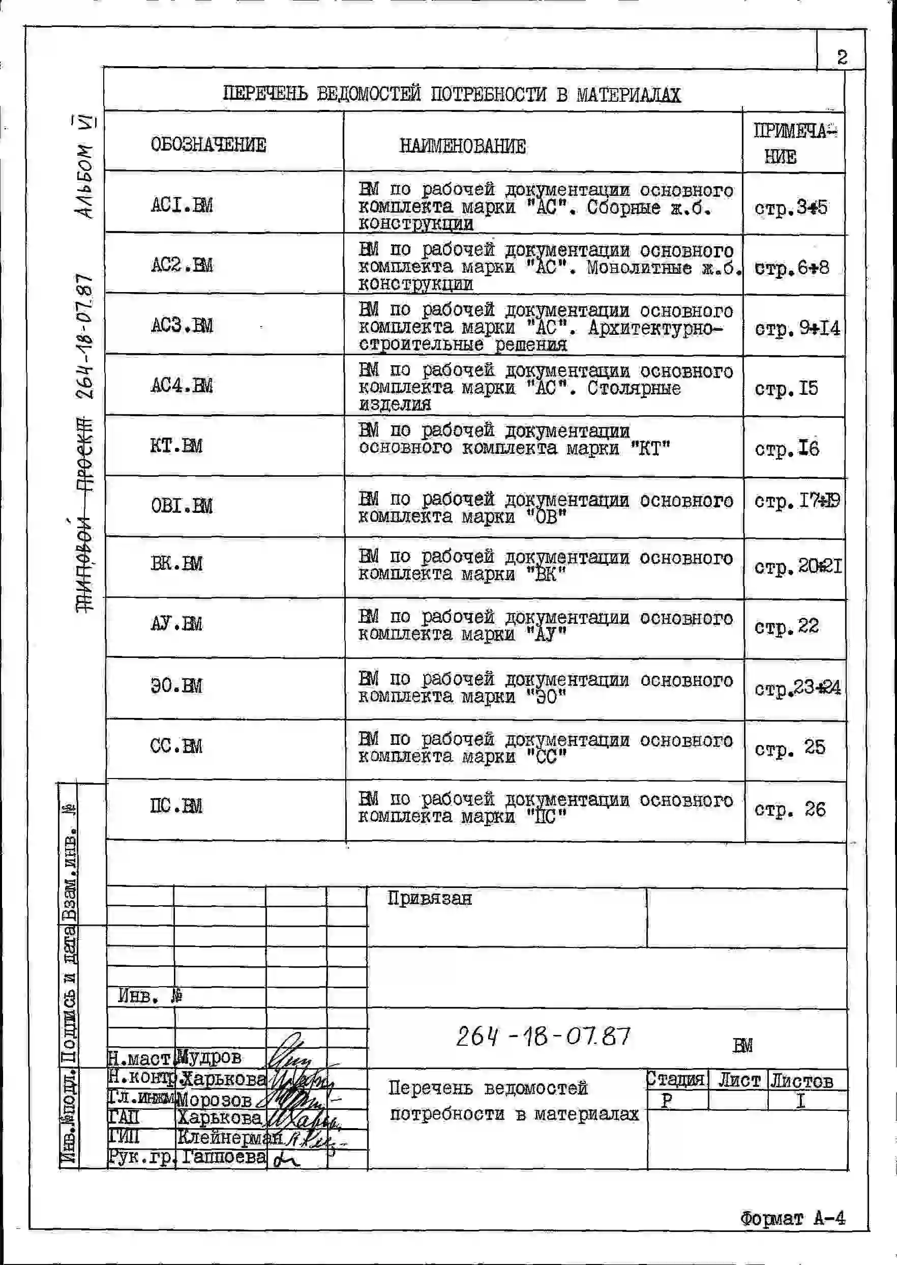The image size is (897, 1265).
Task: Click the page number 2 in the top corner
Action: [x=841, y=57]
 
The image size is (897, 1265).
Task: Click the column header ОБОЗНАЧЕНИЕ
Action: [x=208, y=145]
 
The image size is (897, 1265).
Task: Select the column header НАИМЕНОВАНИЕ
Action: [x=462, y=147]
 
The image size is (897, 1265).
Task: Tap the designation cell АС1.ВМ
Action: [x=182, y=206]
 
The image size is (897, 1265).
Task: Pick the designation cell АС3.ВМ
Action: [x=182, y=325]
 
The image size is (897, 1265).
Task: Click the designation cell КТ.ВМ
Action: [x=176, y=445]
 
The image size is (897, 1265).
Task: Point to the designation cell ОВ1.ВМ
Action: [x=182, y=506]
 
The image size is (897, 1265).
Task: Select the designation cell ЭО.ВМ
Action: [x=176, y=686]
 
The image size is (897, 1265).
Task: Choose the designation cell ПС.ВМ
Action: [x=176, y=807]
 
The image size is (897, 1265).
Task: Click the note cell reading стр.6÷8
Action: [x=792, y=269]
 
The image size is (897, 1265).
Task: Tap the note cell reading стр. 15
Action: [x=786, y=389]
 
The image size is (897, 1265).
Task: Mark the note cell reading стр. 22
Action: [x=787, y=627]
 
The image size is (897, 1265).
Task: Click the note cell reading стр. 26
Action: [x=790, y=810]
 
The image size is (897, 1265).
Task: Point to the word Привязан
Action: [x=429, y=899]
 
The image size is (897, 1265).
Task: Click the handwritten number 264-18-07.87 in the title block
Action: [x=543, y=1036]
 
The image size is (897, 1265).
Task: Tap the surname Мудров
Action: [x=210, y=1057]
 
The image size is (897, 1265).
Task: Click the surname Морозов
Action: [x=214, y=1100]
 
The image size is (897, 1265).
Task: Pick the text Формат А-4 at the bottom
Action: [x=793, y=1218]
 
